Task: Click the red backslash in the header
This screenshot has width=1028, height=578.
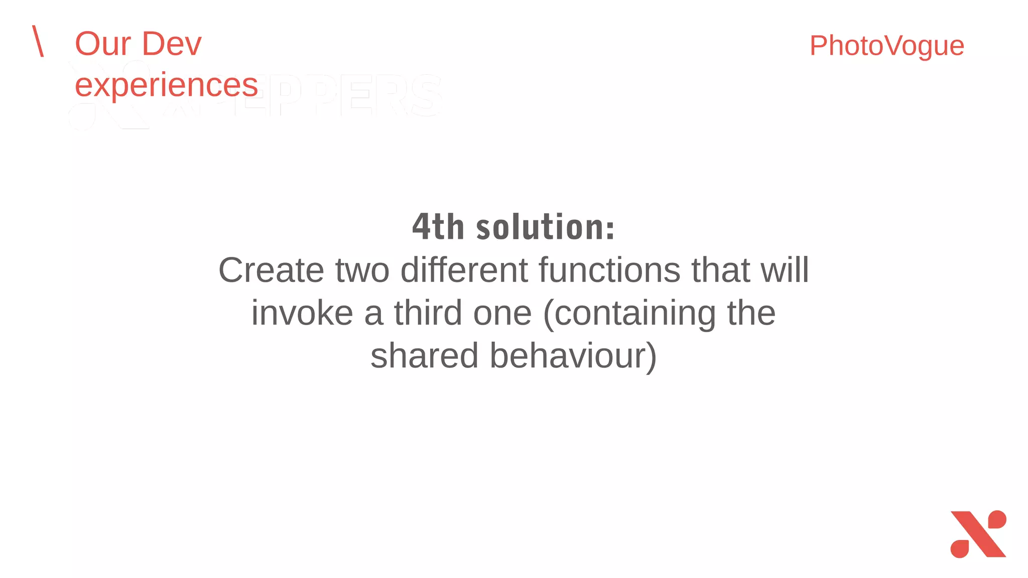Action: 38,41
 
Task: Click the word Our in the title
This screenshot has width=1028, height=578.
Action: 103,44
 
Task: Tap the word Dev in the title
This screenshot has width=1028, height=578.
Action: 172,44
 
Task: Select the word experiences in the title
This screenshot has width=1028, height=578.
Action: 166,85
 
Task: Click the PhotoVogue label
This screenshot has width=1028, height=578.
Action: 886,46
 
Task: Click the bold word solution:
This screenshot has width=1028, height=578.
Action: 545,227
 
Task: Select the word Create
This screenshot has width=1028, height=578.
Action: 272,270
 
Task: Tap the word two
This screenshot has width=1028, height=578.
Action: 362,270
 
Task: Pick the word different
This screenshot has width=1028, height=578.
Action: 464,270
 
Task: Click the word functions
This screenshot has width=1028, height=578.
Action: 609,270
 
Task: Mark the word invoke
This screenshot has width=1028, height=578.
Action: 302,314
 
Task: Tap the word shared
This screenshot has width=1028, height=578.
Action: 424,356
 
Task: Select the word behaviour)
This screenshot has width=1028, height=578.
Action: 573,356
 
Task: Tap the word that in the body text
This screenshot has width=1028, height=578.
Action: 720,270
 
